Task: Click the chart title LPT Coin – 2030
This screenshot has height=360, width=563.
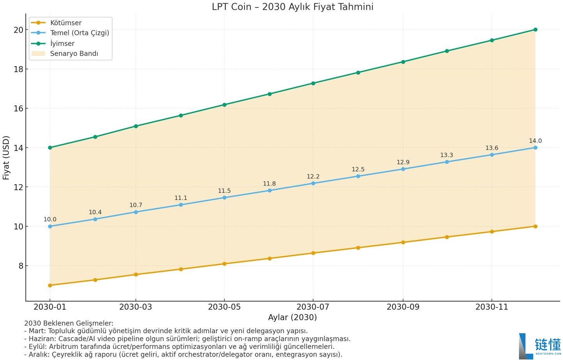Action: tap(292, 7)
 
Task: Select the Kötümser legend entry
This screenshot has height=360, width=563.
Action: tap(65, 23)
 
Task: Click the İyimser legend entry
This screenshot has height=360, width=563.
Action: tap(62, 43)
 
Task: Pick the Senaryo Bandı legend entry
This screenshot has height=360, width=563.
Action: tap(74, 53)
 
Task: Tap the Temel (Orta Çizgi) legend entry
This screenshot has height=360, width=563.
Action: tap(79, 33)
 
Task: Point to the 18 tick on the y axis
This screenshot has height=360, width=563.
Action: tap(18, 69)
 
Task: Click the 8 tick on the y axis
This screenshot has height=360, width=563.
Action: tap(21, 266)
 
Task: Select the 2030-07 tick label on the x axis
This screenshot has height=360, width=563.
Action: tap(312, 307)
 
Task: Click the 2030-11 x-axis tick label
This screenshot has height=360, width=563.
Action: tap(492, 307)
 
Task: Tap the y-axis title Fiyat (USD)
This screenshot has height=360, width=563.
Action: tap(6, 157)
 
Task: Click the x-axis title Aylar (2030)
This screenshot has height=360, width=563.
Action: tap(292, 317)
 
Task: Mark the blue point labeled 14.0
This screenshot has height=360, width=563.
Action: tap(535, 148)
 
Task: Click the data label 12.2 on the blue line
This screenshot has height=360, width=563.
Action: tap(313, 176)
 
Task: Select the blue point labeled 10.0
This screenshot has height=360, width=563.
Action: tap(50, 226)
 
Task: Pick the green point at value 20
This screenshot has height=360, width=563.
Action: tap(535, 30)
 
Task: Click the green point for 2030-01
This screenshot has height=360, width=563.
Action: tap(50, 148)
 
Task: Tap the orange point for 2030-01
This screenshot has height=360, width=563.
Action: tap(50, 285)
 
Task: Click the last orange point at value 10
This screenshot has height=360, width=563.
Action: tap(535, 226)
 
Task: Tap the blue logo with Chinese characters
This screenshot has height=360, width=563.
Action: tap(540, 346)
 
